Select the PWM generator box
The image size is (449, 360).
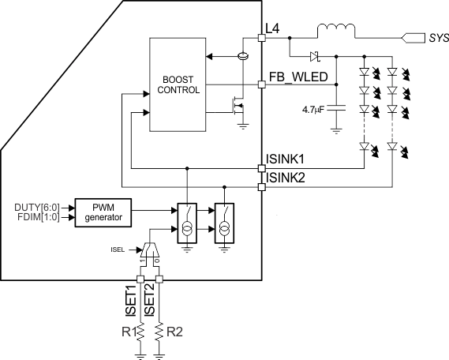(103, 213)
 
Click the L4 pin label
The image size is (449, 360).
(272, 28)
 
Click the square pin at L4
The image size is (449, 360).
(262, 37)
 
